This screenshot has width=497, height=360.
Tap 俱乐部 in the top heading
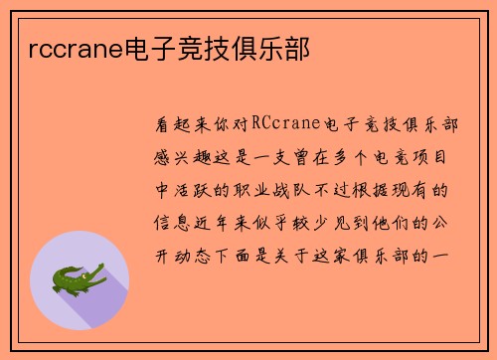pos(282,46)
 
